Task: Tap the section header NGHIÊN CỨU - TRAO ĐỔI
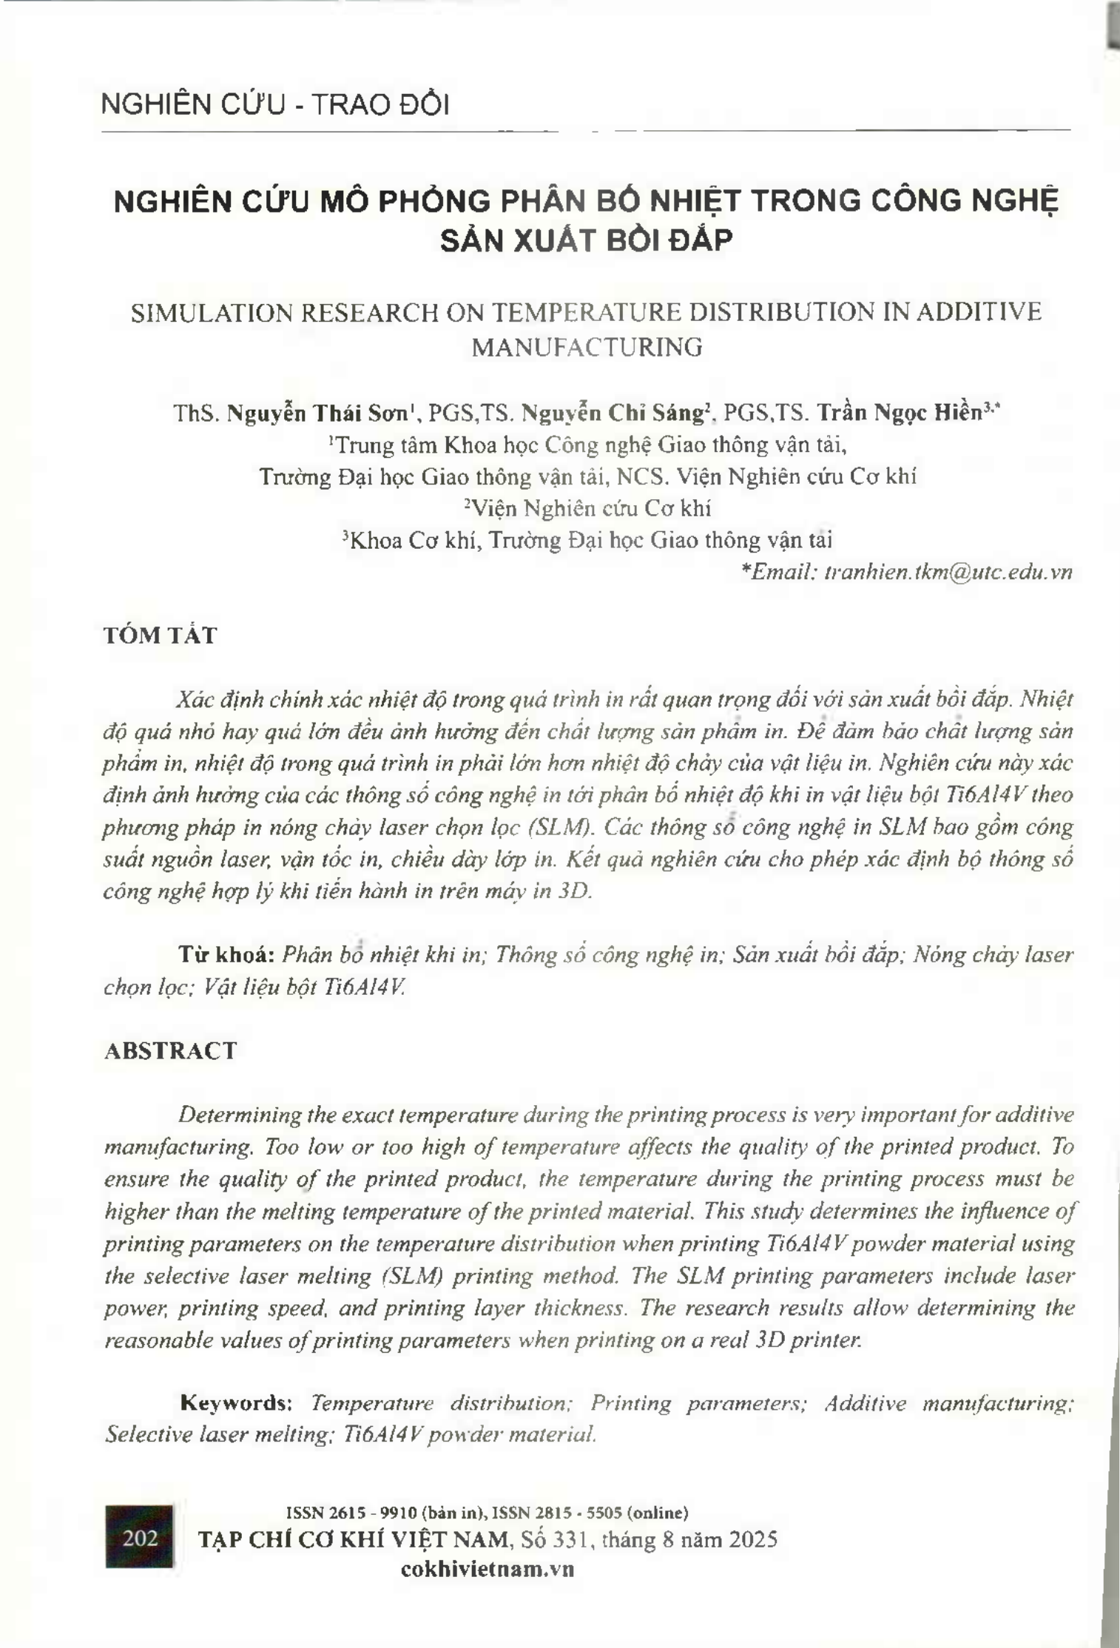274,105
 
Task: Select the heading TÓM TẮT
160,635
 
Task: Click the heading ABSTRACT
170,1050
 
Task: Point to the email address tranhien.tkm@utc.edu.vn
948,572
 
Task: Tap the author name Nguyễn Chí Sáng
613,413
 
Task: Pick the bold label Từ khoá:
226,954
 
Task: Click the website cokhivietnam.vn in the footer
487,1570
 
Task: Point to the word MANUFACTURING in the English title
587,347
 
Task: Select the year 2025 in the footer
752,1540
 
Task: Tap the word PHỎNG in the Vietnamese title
435,201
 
